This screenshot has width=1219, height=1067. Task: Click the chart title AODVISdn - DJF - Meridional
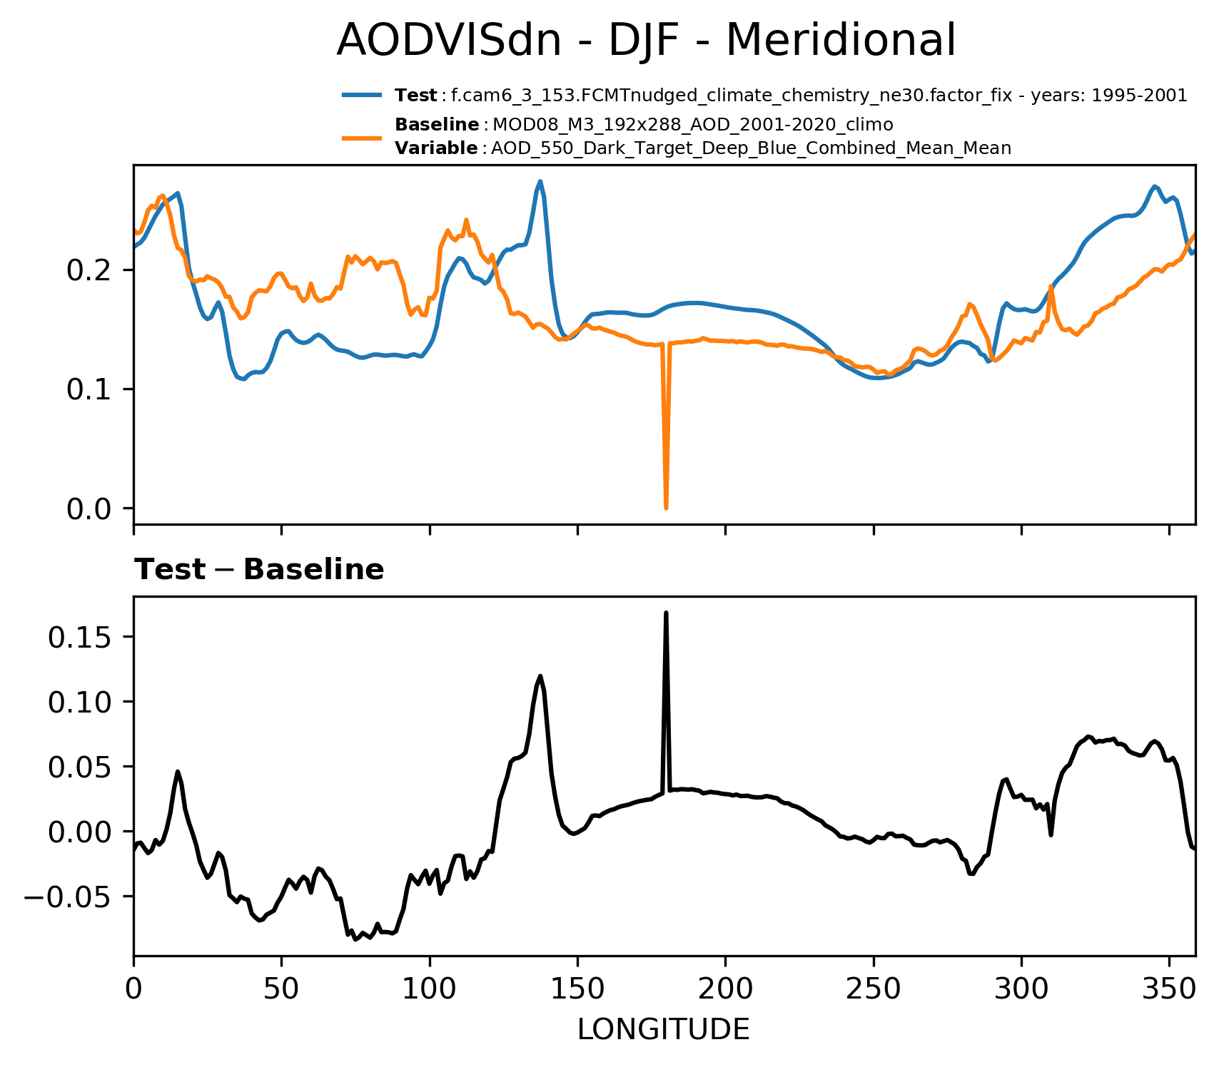645,41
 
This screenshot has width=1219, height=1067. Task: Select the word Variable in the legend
436,148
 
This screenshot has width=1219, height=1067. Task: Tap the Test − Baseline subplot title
259,570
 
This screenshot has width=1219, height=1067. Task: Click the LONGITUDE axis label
663,1029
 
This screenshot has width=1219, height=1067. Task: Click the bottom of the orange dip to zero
666,507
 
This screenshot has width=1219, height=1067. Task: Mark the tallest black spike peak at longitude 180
666,613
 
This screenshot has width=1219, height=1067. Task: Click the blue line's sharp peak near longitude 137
540,181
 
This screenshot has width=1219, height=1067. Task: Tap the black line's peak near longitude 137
540,675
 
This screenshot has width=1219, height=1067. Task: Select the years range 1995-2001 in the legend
1140,96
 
